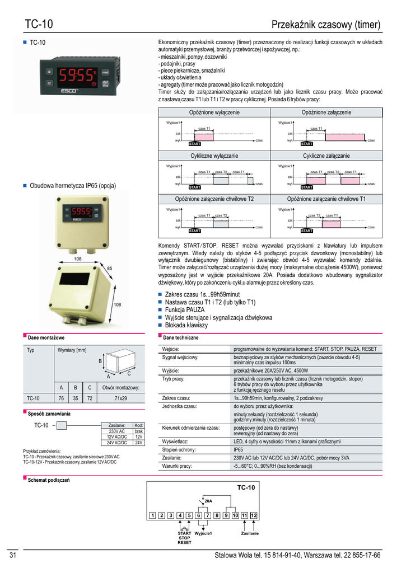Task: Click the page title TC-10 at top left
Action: (x=39, y=25)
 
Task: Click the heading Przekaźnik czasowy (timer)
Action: (x=325, y=25)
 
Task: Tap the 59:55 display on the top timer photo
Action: (x=77, y=74)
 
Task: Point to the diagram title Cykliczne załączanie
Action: (x=326, y=156)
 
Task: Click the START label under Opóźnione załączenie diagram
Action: (x=307, y=144)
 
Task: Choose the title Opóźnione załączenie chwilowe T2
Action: (x=214, y=199)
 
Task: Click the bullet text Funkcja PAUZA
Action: (x=185, y=309)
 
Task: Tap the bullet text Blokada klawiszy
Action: (x=186, y=325)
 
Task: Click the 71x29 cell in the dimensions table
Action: (x=117, y=398)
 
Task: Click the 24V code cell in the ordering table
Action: (x=139, y=443)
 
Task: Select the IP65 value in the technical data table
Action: (x=238, y=449)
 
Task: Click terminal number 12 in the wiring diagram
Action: (x=253, y=515)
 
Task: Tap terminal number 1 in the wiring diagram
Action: (x=152, y=515)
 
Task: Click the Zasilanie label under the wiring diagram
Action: (x=249, y=533)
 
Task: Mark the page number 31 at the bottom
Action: (x=13, y=555)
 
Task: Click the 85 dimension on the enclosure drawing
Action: (x=110, y=269)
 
